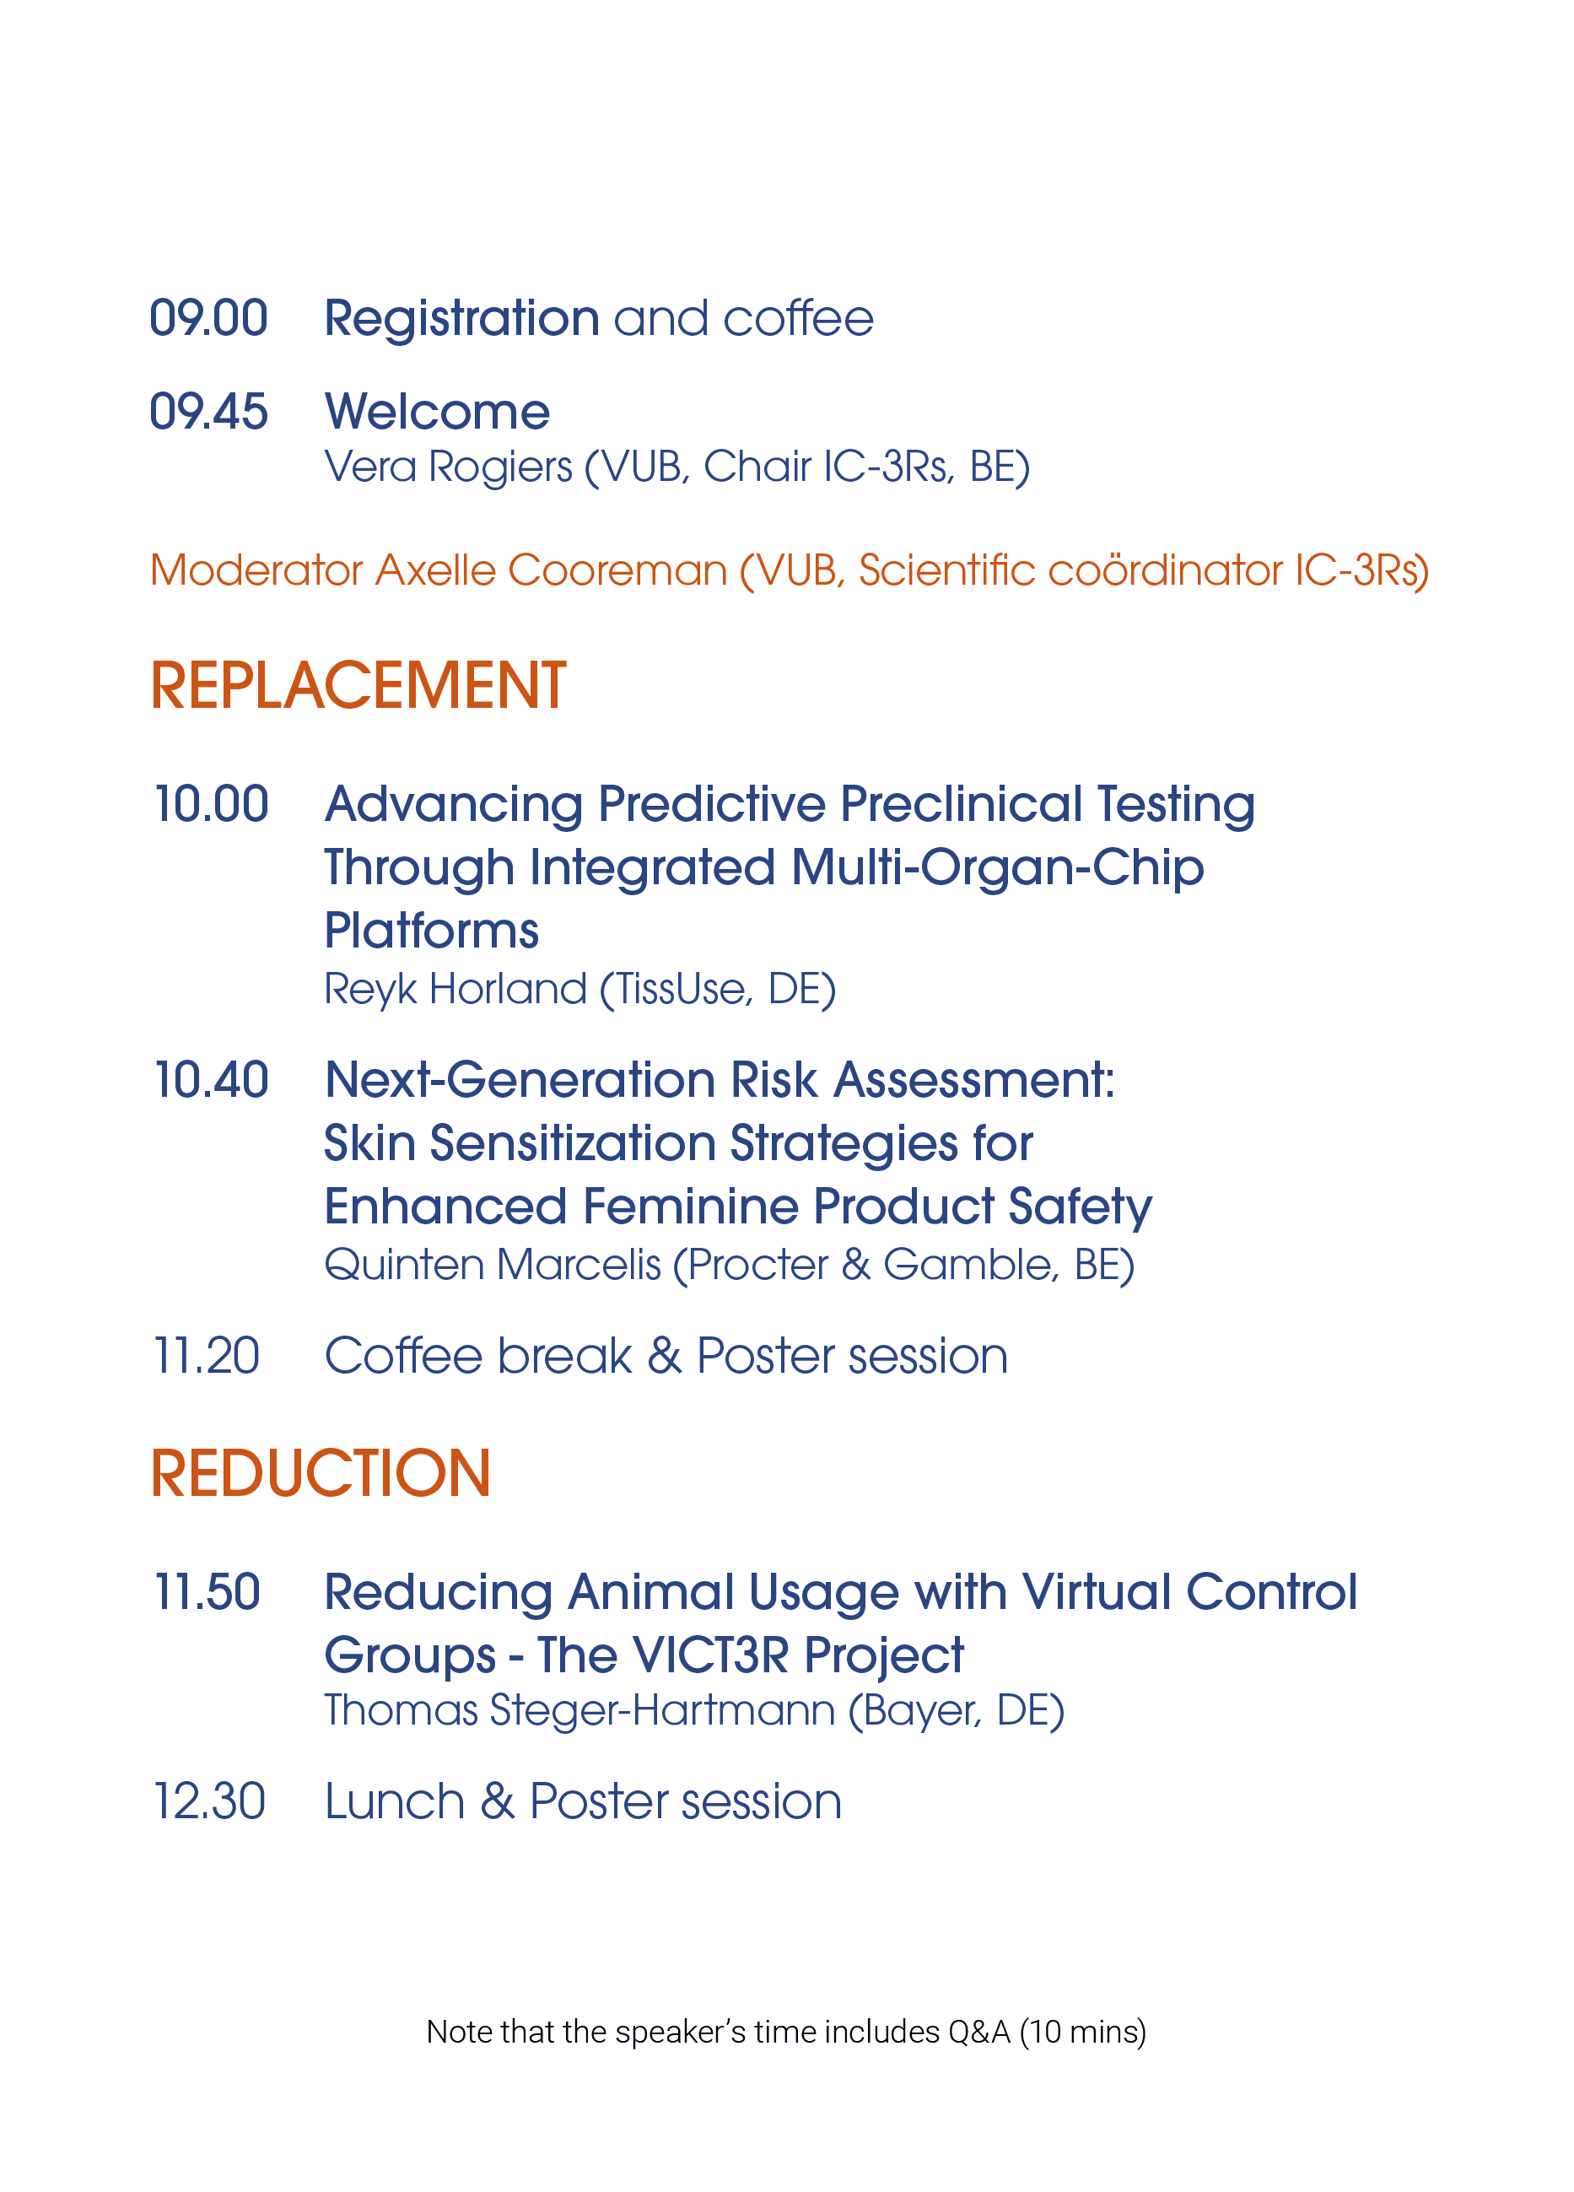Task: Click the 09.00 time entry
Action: click(x=208, y=318)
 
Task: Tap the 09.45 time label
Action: click(x=208, y=411)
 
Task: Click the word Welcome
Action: click(x=437, y=411)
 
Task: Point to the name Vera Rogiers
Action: click(x=449, y=467)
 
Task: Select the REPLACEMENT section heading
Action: click(x=358, y=686)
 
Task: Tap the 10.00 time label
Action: click(x=212, y=804)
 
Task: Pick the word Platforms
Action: click(x=431, y=931)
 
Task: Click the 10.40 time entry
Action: click(x=212, y=1080)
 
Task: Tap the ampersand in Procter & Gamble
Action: click(x=856, y=1265)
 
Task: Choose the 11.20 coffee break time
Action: click(x=207, y=1355)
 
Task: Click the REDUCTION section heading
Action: click(x=321, y=1474)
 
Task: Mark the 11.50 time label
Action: click(x=208, y=1592)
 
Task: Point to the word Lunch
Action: click(x=396, y=1801)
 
